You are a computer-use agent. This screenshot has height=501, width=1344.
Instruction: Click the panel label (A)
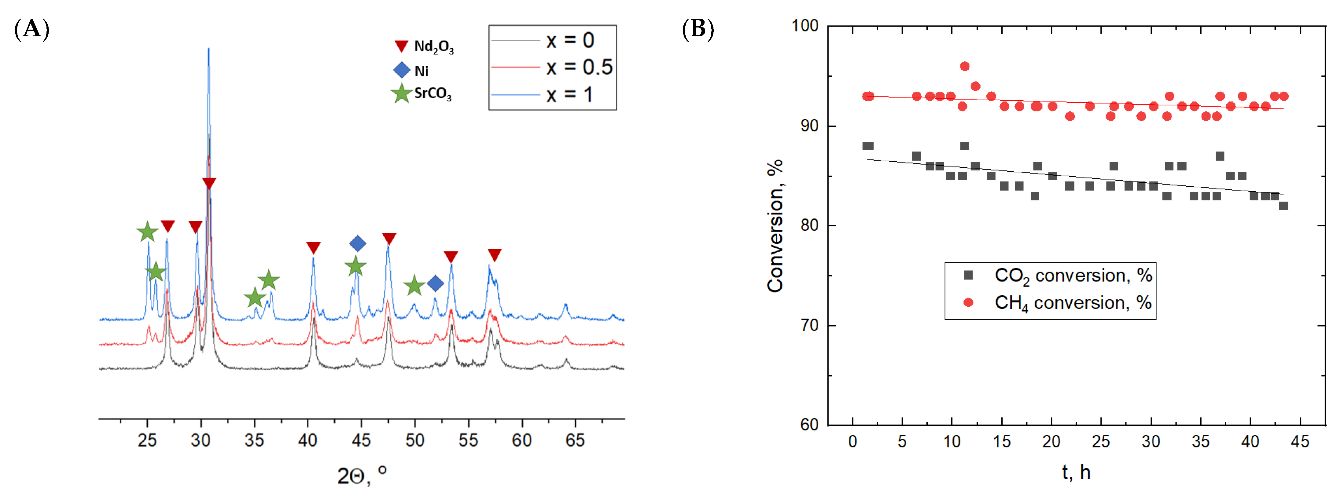31,29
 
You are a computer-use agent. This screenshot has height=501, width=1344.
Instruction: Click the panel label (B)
698,29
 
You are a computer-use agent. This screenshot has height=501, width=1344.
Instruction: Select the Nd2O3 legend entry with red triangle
424,47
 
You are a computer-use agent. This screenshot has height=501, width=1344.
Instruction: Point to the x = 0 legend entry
552,40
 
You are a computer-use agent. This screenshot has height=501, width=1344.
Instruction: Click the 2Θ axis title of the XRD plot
362,475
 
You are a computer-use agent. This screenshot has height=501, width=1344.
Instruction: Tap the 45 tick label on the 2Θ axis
361,441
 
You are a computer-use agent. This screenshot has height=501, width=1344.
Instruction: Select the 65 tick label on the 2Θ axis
575,441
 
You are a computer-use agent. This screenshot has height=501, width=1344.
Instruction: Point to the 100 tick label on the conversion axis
805,26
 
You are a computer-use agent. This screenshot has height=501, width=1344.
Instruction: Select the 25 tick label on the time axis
1101,441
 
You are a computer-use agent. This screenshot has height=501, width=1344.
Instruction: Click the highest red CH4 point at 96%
965,66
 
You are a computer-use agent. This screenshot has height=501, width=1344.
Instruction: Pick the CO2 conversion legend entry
1059,275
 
